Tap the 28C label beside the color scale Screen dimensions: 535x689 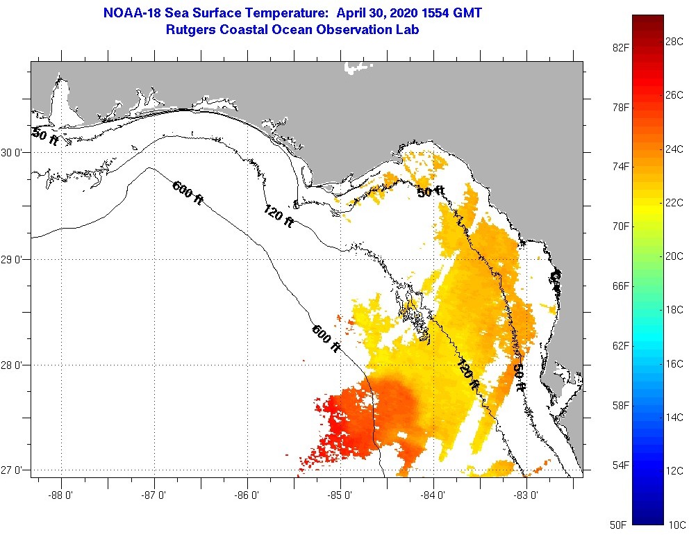coord(674,42)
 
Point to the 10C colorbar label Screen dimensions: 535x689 coord(674,524)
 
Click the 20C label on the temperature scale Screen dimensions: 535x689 coord(674,256)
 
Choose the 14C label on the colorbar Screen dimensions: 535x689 coord(674,417)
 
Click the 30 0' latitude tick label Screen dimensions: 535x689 coord(15,152)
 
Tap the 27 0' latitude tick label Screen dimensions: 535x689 coord(15,470)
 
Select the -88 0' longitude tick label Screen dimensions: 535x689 coord(61,496)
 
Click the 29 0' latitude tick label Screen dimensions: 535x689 coord(15,260)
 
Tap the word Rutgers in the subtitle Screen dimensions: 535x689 coord(189,30)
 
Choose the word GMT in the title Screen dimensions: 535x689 coord(468,13)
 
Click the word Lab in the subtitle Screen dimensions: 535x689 coord(408,30)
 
